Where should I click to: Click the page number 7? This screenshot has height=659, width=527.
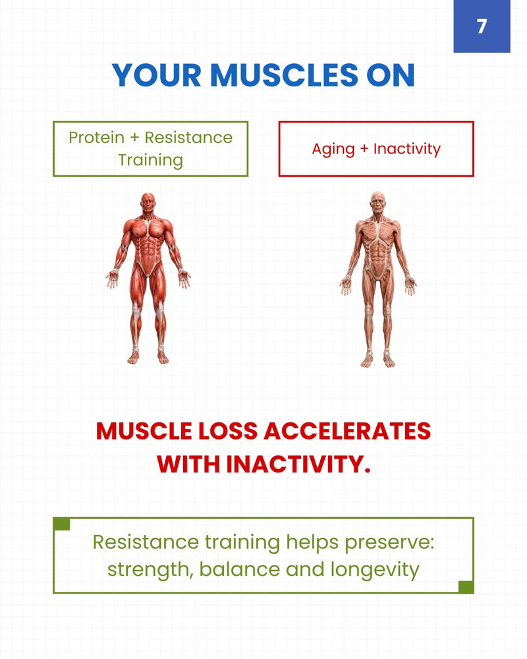(x=482, y=26)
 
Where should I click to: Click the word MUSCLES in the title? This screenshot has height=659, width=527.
(x=284, y=75)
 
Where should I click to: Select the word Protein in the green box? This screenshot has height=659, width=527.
(x=97, y=138)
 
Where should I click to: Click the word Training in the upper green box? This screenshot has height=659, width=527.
(x=150, y=160)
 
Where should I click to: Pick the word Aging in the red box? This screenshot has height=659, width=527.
(x=333, y=149)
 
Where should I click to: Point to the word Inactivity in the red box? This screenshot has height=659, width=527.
(x=407, y=148)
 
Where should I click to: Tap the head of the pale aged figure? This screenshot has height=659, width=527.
(x=378, y=202)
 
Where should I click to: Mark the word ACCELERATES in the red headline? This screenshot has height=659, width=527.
(x=347, y=431)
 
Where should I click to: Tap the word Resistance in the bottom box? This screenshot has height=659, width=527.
(x=146, y=542)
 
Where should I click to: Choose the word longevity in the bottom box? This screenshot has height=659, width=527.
(x=375, y=570)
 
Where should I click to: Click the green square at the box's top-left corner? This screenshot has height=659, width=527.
(x=61, y=524)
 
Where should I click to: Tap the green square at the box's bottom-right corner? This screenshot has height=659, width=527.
(x=466, y=587)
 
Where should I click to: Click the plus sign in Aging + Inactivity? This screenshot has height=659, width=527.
(x=364, y=149)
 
